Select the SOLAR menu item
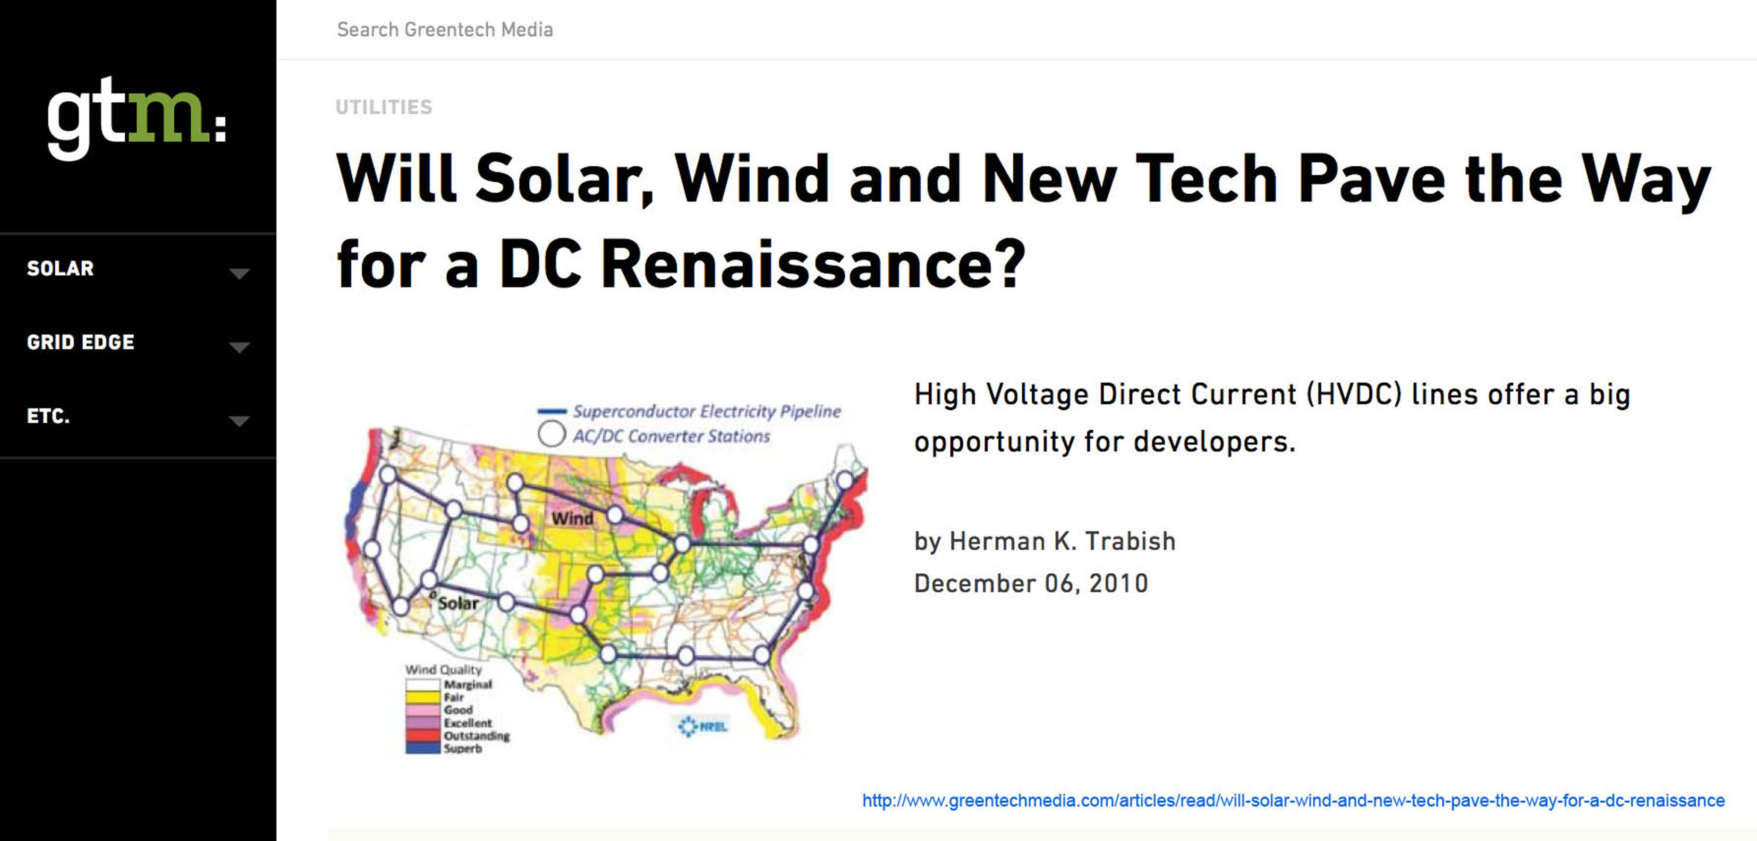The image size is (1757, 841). tap(60, 268)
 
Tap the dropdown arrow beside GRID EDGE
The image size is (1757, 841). tap(239, 347)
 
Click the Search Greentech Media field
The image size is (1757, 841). tap(445, 29)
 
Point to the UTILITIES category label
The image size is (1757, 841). tap(384, 107)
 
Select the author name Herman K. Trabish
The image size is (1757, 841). tap(1063, 541)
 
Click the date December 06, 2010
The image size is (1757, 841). tap(1031, 583)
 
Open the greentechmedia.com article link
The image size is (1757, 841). tap(1293, 800)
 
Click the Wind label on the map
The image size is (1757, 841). tap(572, 518)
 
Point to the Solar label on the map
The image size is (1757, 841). tap(458, 603)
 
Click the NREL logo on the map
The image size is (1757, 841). tap(703, 726)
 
